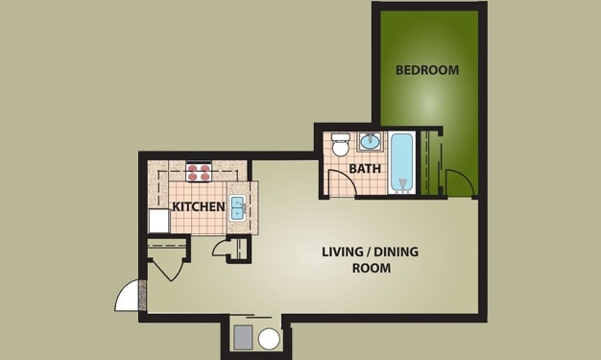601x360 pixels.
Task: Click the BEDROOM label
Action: click(x=427, y=70)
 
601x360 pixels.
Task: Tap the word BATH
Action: click(x=365, y=169)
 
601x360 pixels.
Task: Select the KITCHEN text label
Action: click(x=199, y=206)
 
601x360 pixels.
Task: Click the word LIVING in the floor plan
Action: click(x=342, y=252)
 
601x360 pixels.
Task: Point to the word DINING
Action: click(x=397, y=252)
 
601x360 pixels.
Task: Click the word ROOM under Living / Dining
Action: click(x=371, y=269)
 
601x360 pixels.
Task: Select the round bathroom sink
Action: click(x=370, y=143)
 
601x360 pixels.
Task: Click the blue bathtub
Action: click(x=402, y=163)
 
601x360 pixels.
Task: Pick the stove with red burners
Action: click(x=199, y=173)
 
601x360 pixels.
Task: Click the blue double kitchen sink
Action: click(x=237, y=207)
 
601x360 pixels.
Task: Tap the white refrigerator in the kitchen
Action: click(x=158, y=222)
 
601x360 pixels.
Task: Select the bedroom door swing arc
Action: click(x=460, y=183)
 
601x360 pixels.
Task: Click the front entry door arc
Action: click(x=130, y=296)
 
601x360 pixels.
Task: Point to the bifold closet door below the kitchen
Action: click(x=168, y=265)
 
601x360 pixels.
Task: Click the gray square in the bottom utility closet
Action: click(x=243, y=336)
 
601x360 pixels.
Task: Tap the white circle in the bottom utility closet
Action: click(x=269, y=338)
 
